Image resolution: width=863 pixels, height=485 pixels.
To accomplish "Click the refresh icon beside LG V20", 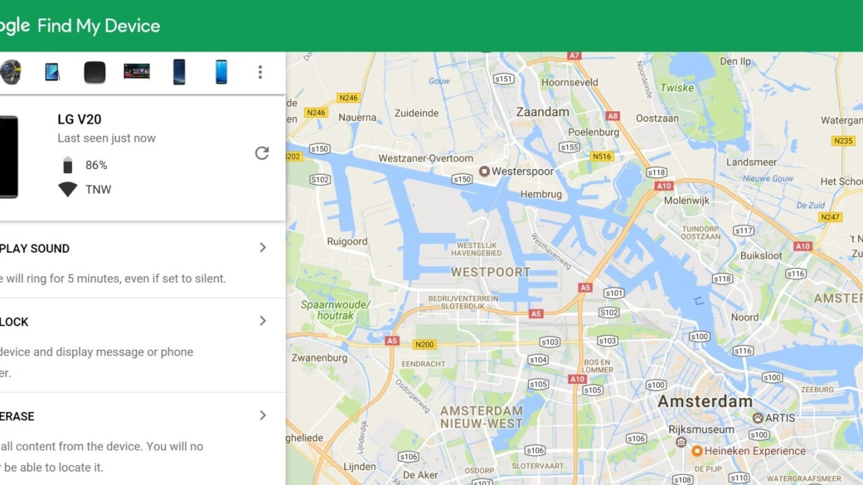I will (x=262, y=154).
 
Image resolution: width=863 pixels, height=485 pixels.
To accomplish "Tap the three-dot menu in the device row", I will (x=260, y=72).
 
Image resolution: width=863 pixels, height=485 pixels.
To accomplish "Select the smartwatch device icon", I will (x=10, y=72).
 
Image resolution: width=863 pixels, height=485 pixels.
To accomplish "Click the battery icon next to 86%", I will (x=67, y=165).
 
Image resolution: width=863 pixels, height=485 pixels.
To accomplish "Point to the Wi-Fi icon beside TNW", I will (x=67, y=189).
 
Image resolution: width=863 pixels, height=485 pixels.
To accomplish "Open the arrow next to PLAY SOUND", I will (x=263, y=248).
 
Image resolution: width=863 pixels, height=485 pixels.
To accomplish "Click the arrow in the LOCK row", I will (x=263, y=321).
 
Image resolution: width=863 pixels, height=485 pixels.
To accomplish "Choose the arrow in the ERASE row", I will (x=263, y=416).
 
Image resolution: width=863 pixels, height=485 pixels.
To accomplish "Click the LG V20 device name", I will (x=80, y=119).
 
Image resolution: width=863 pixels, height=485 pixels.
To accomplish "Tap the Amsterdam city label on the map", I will (x=705, y=401).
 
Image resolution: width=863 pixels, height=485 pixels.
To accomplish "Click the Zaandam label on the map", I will (x=543, y=112).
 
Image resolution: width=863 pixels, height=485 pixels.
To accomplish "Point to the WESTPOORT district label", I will (x=490, y=273).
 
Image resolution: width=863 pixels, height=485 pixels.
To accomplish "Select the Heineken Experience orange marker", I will (x=697, y=451).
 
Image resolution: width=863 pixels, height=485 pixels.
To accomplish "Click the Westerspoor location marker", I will (x=484, y=172).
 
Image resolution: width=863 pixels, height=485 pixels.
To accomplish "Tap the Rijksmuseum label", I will (x=701, y=429).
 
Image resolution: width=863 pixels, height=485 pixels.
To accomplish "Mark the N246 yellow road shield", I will (x=349, y=98).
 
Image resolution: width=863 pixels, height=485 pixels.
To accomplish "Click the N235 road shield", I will (x=843, y=141).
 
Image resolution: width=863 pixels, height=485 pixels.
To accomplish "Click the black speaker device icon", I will (x=94, y=72).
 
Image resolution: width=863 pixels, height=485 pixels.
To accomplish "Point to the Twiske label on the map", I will (x=677, y=88).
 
